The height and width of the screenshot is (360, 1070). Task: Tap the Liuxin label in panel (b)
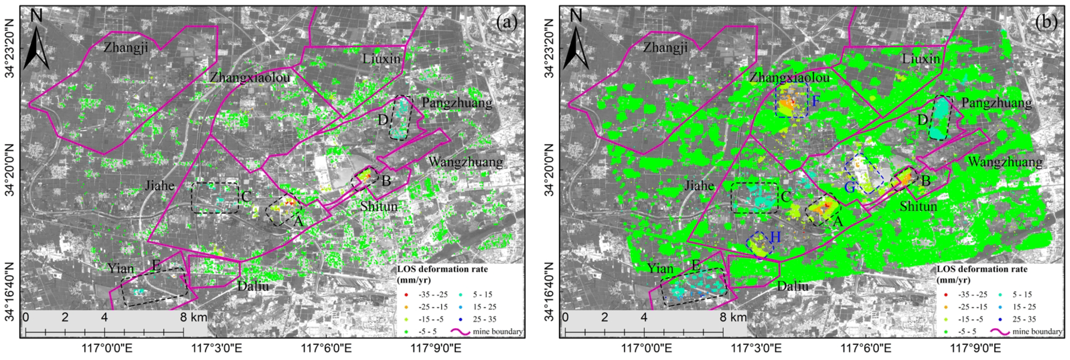pos(921,59)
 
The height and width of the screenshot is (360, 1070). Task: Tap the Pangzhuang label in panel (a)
pos(457,103)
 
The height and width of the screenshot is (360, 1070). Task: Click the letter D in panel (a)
pos(383,120)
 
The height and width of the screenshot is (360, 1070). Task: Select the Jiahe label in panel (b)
pos(699,186)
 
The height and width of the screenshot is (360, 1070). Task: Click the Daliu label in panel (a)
pos(253,286)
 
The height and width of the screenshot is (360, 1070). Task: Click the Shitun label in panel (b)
pos(918,206)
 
